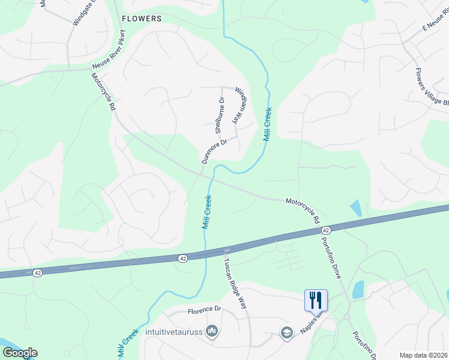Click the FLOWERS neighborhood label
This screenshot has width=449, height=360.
point(142,19)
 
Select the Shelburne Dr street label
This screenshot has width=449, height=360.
point(220,115)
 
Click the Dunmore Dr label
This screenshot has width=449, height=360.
point(214,151)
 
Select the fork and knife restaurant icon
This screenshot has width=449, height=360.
point(316,300)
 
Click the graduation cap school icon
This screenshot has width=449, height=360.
point(286,332)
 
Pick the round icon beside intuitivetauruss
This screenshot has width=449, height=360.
point(211,331)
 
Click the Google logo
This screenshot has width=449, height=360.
point(20,353)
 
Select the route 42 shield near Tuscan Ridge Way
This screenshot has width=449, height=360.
point(181,257)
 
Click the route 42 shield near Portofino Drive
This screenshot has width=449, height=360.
point(325,230)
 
